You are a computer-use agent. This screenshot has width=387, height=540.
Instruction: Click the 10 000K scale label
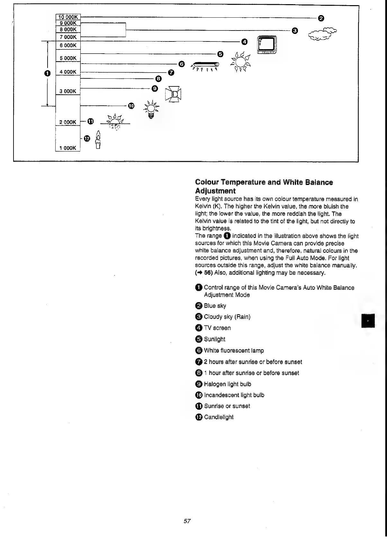point(68,17)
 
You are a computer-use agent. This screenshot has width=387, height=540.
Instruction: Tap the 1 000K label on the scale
point(68,148)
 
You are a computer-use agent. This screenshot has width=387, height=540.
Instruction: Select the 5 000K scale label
point(68,58)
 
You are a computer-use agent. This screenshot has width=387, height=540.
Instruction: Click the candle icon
point(99,140)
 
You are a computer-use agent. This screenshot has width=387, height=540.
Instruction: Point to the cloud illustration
point(322,34)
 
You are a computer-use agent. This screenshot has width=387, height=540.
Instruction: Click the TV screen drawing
point(267,45)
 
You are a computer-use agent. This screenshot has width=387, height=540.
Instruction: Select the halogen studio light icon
point(173,94)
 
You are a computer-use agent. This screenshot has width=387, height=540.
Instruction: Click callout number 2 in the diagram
point(320,18)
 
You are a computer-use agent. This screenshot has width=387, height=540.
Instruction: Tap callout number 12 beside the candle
point(87,138)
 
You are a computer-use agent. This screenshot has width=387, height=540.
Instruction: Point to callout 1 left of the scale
point(47,74)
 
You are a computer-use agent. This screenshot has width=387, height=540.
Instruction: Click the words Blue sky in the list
point(215,306)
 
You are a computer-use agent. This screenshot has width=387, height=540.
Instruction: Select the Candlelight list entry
point(219,417)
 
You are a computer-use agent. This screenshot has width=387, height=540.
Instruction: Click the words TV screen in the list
point(217,328)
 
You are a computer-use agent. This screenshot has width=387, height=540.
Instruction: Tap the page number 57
point(187,521)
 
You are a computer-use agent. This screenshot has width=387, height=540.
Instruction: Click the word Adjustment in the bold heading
point(215,191)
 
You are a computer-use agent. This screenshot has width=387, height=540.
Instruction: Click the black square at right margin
point(368,321)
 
